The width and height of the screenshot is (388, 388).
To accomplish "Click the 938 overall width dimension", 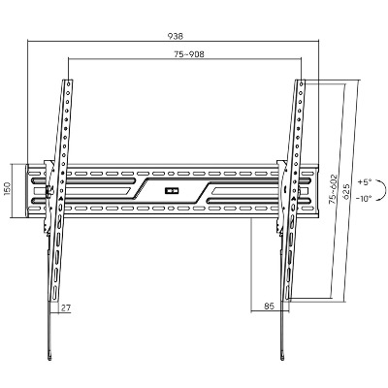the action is coord(176,36).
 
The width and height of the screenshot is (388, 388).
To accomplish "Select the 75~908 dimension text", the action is coord(189,54).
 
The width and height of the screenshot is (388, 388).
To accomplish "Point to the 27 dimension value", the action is coord(66,307).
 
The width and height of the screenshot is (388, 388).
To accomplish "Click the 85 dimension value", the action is coord(269,306).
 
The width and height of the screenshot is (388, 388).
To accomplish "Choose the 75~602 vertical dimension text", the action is coord(333,189).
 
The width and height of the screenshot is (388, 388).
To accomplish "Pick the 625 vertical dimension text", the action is coord(345,192).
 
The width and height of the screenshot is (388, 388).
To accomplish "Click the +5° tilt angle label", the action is coord(365,182).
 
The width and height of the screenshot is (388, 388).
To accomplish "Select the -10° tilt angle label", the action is coord(364,199).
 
